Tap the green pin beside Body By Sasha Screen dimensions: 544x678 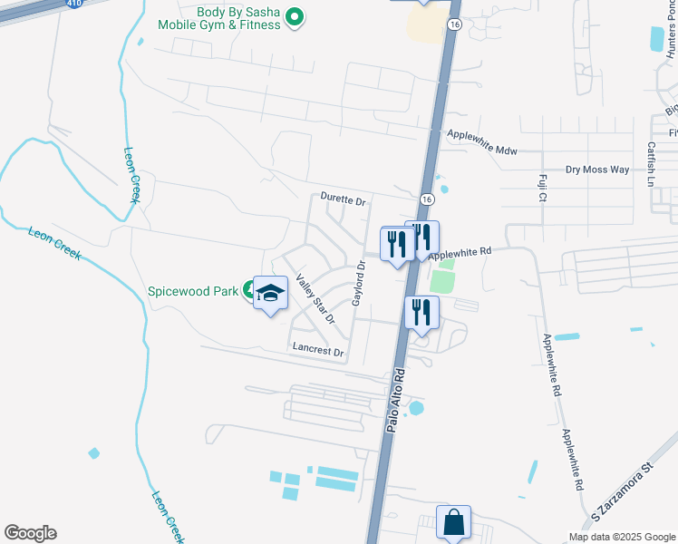click(x=294, y=17)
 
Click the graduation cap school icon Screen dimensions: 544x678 click(x=269, y=292)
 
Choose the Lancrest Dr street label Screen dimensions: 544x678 click(x=318, y=351)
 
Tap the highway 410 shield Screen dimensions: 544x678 click(x=73, y=4)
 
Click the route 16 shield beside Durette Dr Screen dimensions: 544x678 click(x=425, y=198)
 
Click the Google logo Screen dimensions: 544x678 click(x=30, y=533)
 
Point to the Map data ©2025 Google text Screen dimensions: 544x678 click(x=621, y=537)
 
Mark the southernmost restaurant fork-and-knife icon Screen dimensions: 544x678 click(x=421, y=312)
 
